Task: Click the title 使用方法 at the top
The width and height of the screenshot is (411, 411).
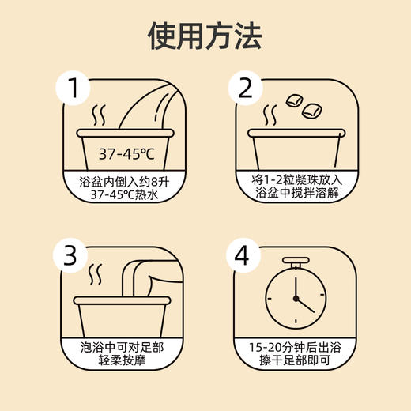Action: point(205,36)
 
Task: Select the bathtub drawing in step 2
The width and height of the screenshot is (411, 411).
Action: point(297,150)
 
